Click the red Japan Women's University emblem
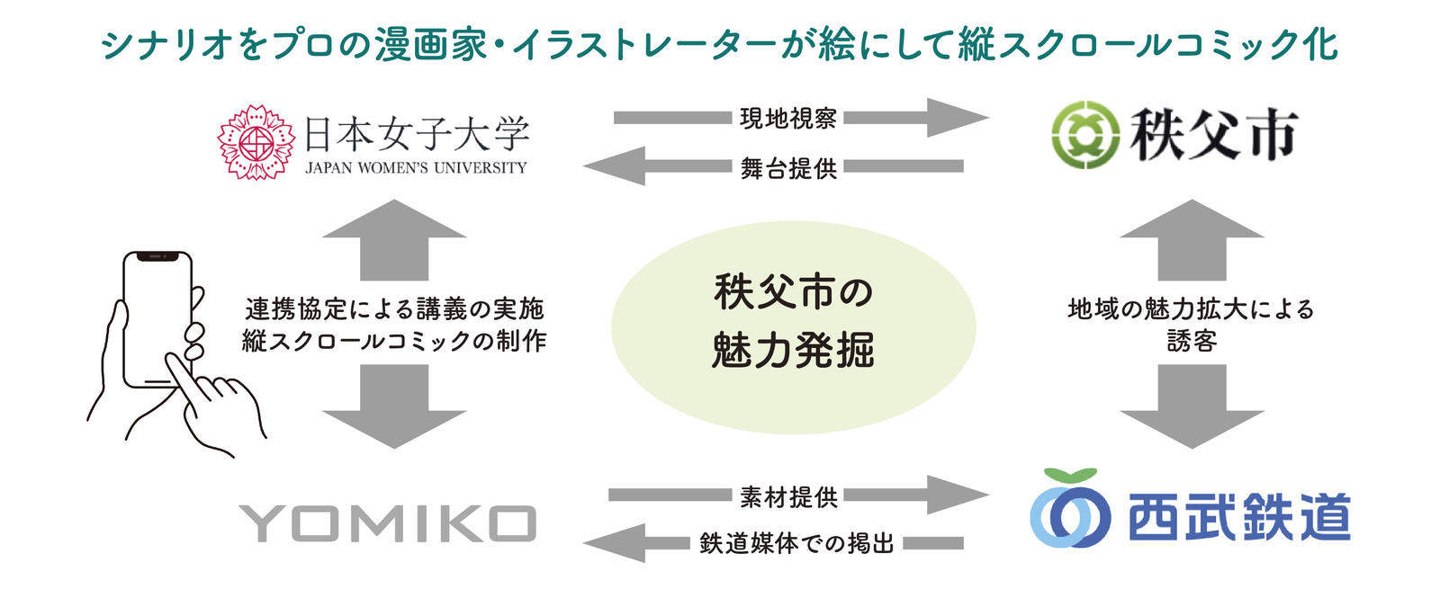coord(257,142)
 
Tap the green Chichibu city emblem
coord(1085,135)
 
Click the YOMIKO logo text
coord(388,523)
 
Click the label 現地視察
coord(788,118)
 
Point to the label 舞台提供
coord(788,168)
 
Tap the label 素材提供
coord(788,496)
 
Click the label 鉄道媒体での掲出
coord(796,543)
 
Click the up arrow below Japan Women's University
coord(394,239)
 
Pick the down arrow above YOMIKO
coord(394,406)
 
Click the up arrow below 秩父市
coord(1192,239)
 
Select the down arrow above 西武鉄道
coord(1192,406)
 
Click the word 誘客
coord(1192,341)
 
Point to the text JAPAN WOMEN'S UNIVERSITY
coord(416,168)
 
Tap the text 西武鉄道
coord(1238,518)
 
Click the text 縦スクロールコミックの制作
coord(394,341)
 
